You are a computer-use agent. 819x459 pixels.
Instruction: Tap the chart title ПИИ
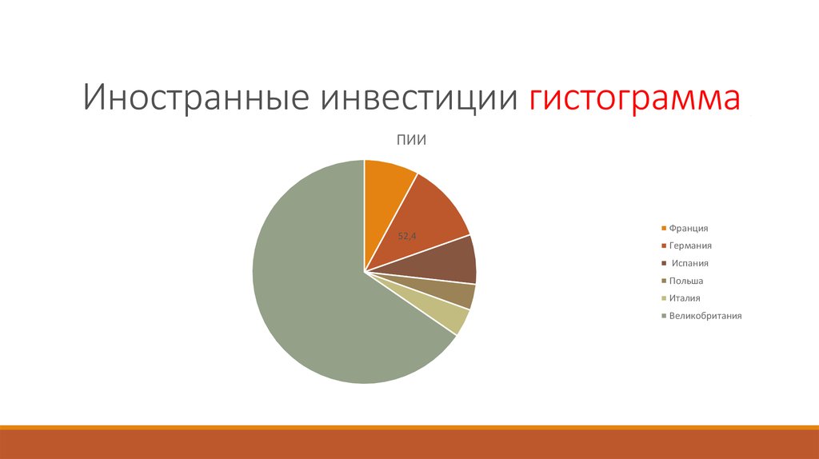[410, 140]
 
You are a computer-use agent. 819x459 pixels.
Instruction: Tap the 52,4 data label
[409, 235]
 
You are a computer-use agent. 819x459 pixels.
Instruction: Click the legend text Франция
[689, 228]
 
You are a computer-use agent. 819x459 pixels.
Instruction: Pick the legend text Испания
[689, 263]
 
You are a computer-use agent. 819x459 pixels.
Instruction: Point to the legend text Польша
[686, 281]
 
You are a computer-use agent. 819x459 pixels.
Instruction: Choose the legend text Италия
[685, 298]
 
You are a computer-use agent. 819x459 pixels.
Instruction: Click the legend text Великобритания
[705, 316]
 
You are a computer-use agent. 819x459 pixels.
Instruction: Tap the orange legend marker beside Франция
[663, 229]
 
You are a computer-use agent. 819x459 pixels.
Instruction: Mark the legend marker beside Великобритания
[663, 317]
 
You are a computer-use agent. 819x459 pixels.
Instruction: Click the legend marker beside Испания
[663, 264]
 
